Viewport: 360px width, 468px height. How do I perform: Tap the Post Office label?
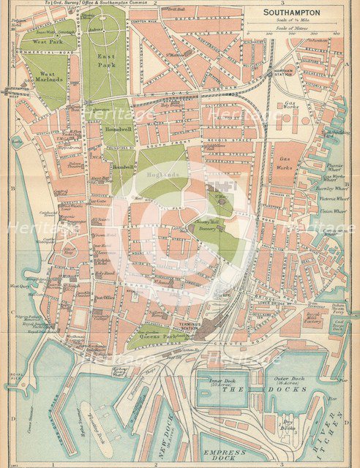105,298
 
